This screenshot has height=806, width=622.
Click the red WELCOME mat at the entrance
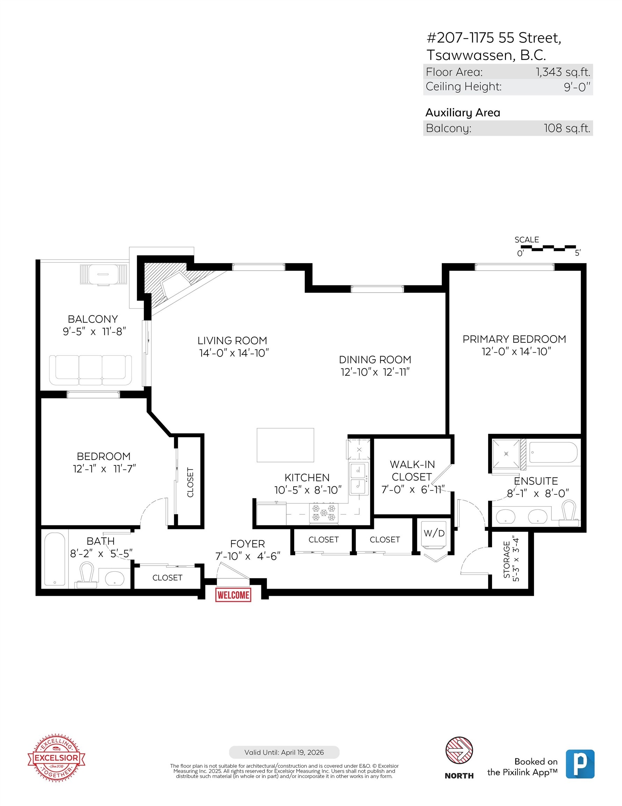click(233, 595)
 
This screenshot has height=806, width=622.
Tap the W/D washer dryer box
click(434, 533)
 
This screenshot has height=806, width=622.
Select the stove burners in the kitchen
click(324, 512)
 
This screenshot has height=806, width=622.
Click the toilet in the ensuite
click(569, 513)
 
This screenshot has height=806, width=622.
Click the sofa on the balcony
click(91, 370)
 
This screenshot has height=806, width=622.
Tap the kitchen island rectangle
click(285, 445)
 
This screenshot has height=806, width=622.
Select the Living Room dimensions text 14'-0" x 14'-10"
click(234, 353)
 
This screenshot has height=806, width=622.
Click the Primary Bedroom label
click(514, 339)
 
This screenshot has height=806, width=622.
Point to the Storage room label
click(511, 559)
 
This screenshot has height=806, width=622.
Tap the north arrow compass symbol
click(459, 750)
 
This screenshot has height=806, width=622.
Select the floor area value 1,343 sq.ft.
click(563, 72)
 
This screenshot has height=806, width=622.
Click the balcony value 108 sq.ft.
click(567, 128)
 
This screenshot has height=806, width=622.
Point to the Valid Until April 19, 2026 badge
click(284, 752)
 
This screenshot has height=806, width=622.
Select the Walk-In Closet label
click(412, 471)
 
